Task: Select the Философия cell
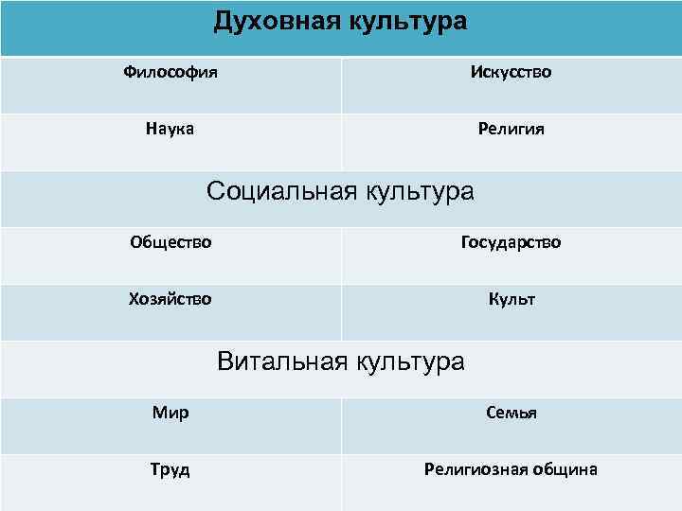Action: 170,72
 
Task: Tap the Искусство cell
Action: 511,72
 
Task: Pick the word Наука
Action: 170,129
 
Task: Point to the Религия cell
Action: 511,129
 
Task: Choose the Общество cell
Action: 170,242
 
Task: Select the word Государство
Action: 511,242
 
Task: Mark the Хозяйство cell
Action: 170,299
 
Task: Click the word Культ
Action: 511,299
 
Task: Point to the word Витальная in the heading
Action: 280,361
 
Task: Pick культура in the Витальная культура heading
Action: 408,361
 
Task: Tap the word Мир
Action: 170,413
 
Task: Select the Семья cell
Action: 511,413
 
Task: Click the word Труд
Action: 170,469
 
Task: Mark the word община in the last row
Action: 565,469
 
